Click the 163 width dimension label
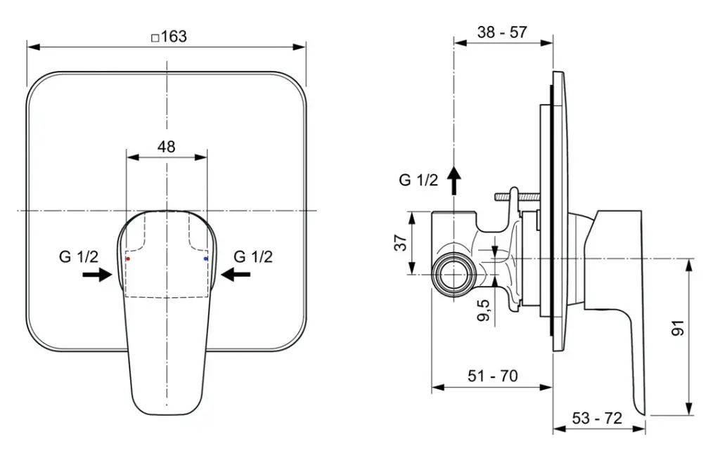(x=169, y=37)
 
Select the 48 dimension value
(x=166, y=147)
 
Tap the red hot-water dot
(x=127, y=258)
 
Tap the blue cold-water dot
(x=205, y=258)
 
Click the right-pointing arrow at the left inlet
(x=97, y=275)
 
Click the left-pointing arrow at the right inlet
(x=236, y=275)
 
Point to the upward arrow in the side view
(x=455, y=181)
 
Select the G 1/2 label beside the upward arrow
(x=418, y=180)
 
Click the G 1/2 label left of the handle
(x=78, y=256)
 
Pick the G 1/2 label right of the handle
(x=253, y=256)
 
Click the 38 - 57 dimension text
(x=502, y=32)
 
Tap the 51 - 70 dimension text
(x=493, y=376)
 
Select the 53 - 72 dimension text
(x=597, y=418)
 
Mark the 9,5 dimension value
(x=483, y=308)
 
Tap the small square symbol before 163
(x=155, y=38)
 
